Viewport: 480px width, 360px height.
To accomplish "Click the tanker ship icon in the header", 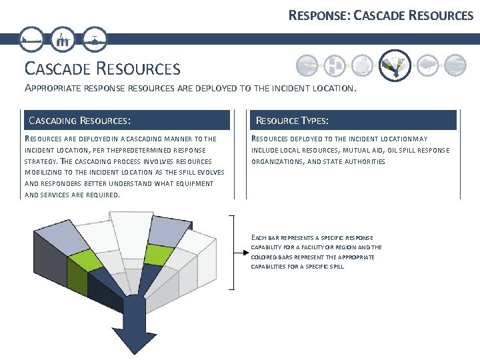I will [x=32, y=39].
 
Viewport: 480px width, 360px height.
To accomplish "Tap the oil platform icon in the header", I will [x=64, y=39].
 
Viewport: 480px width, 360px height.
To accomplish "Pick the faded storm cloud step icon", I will [x=427, y=65].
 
